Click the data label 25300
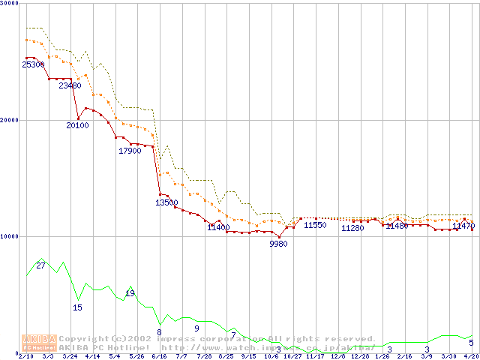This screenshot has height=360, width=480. click(x=33, y=65)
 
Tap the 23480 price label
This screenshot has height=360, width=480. click(x=70, y=85)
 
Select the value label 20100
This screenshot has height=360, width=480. click(x=77, y=125)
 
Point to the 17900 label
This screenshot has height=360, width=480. click(x=130, y=151)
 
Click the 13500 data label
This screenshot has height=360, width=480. click(x=166, y=202)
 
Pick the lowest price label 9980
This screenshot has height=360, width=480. click(x=278, y=244)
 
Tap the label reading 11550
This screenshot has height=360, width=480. click(x=315, y=225)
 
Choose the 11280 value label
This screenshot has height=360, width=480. click(x=352, y=228)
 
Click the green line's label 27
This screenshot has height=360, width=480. click(x=40, y=265)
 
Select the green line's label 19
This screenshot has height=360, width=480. click(x=130, y=293)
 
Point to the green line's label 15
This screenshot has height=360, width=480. click(x=77, y=307)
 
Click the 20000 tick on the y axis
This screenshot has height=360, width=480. click(x=9, y=120)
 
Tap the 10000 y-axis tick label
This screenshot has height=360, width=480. click(x=9, y=236)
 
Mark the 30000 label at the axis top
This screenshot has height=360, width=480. click(x=9, y=4)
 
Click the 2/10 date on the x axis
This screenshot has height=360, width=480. click(x=25, y=356)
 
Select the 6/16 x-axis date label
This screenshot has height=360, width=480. click(x=159, y=356)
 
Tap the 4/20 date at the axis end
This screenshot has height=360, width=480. click(x=470, y=356)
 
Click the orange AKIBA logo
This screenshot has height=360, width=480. click(x=40, y=342)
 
